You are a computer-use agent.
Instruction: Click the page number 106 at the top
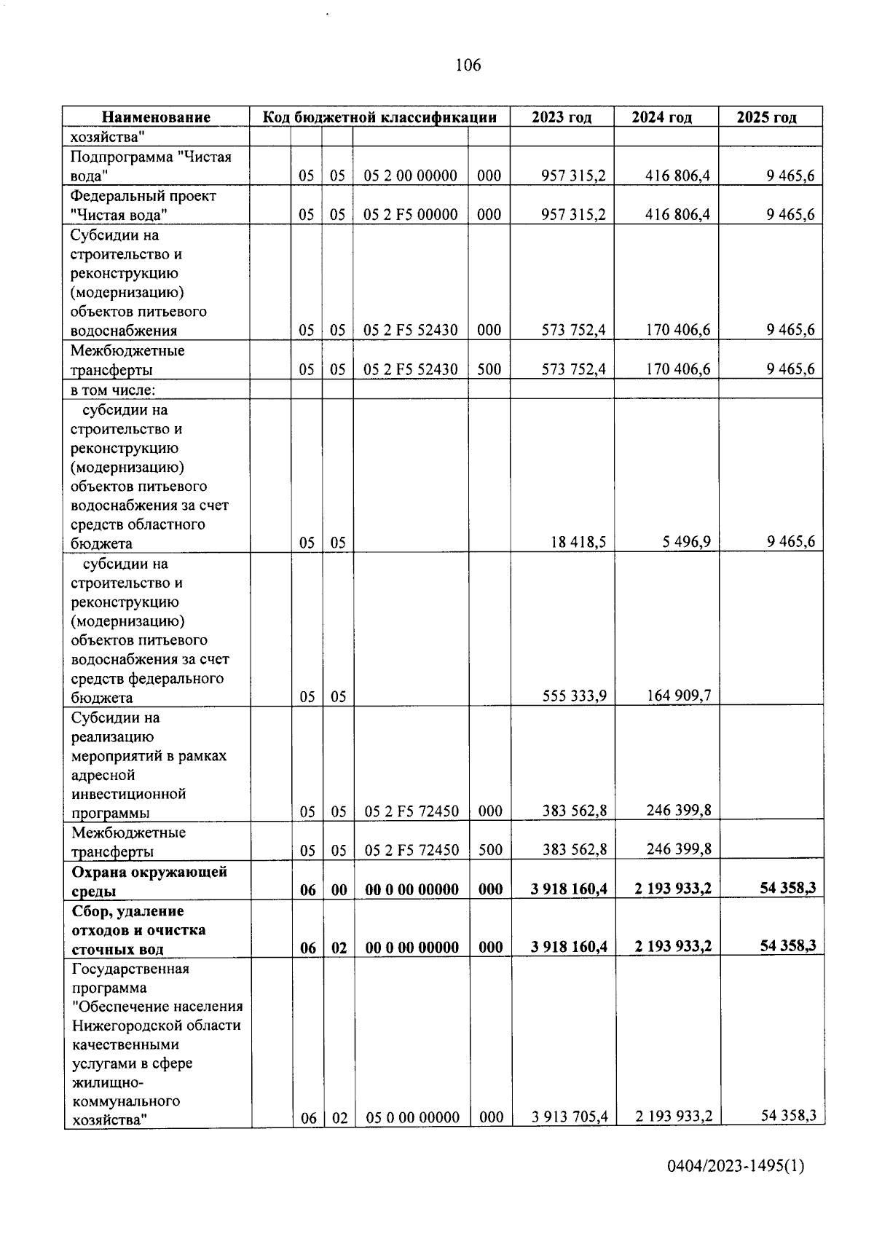(x=468, y=66)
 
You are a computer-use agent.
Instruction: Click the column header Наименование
(x=156, y=117)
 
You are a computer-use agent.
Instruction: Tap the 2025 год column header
(x=766, y=117)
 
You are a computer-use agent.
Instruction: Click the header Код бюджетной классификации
(x=379, y=117)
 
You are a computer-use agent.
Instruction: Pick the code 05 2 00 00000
(x=410, y=176)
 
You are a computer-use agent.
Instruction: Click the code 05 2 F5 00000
(x=410, y=214)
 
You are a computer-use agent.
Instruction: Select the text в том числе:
(x=113, y=390)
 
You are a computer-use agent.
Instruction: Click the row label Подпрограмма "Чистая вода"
(x=150, y=166)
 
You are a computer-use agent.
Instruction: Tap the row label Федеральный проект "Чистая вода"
(x=143, y=205)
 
